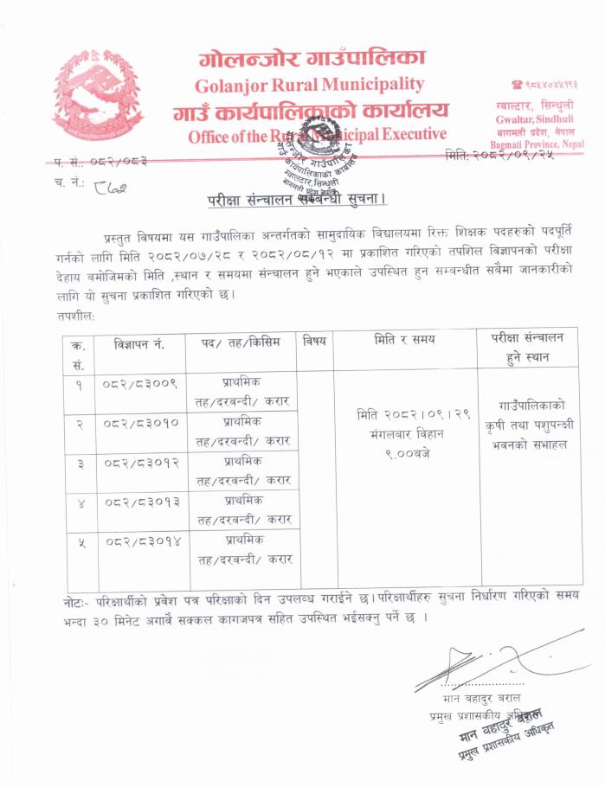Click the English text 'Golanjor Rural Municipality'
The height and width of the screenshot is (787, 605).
[x=309, y=85]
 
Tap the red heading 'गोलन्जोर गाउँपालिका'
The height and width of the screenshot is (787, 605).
[x=312, y=59]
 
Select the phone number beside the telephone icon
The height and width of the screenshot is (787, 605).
[x=550, y=85]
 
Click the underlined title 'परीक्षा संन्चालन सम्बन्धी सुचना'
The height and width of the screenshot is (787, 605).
[x=297, y=199]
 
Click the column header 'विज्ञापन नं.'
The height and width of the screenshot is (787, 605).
[x=138, y=342]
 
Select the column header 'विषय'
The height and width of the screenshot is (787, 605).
[x=315, y=342]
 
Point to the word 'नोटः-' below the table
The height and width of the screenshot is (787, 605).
[x=80, y=599]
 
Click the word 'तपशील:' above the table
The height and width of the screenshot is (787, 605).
[x=74, y=317]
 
